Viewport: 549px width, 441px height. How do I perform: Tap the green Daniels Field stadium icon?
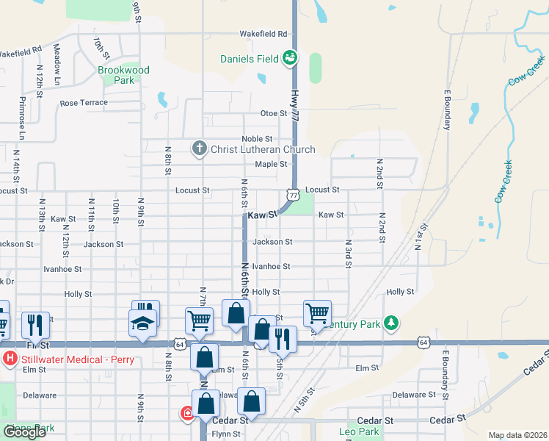coord(290,57)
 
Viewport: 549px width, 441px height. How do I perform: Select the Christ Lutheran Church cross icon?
coord(198,149)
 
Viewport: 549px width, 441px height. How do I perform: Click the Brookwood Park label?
coord(123,75)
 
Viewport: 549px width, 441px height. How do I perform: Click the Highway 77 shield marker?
coord(293,195)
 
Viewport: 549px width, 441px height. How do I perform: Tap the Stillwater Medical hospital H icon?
coord(10,359)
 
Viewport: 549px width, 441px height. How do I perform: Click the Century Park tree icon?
coord(393,323)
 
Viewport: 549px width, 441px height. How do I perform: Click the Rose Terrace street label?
coord(84,103)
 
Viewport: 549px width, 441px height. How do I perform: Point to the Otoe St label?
coord(273,113)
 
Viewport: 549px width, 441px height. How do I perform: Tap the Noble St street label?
coord(257,139)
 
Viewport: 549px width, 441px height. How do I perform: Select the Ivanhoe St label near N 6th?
coord(271,267)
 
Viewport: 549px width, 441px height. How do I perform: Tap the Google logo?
coord(25,432)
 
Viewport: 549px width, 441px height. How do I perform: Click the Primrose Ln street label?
coord(22,118)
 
